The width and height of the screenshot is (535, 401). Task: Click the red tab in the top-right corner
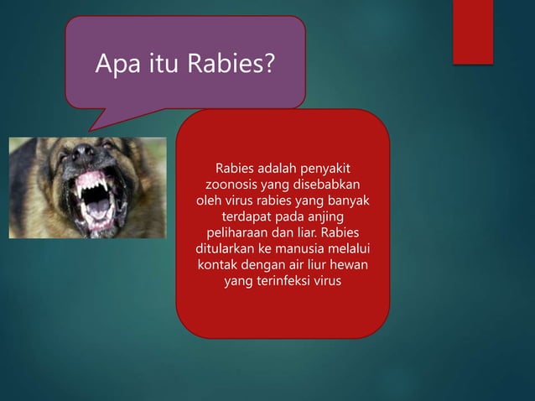(x=473, y=31)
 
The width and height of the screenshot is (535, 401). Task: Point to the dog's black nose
(x=84, y=154)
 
